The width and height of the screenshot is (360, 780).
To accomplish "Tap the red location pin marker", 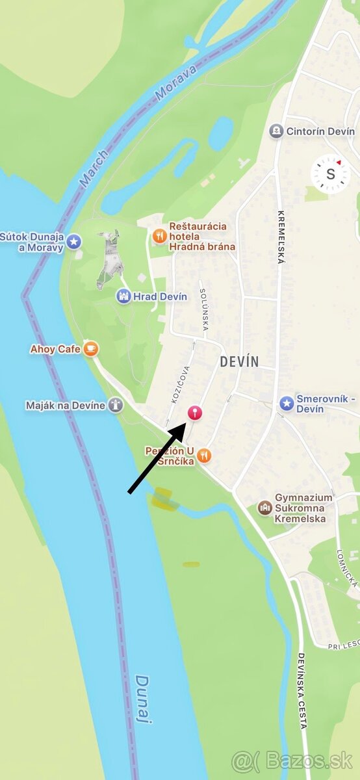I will coord(194,412).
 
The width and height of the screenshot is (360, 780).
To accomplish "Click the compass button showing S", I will coord(330,174).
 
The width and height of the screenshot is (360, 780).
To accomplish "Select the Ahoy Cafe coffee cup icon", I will coord(91,349).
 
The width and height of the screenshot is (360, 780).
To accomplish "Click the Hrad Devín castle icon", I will coord(123,296).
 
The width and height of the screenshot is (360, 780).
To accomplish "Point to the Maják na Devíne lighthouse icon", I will coord(116,405).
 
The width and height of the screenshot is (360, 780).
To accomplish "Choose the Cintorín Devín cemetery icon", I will coord(276,131).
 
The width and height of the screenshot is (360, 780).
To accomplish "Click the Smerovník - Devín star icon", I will coord(287,403).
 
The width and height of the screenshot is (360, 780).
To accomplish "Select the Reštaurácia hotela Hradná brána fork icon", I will coord(159,236).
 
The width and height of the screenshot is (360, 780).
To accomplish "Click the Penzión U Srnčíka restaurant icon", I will coord(205,455).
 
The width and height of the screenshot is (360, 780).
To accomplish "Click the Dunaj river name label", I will coord(144,699).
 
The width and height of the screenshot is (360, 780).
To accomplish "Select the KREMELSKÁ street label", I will coord(281,237).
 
